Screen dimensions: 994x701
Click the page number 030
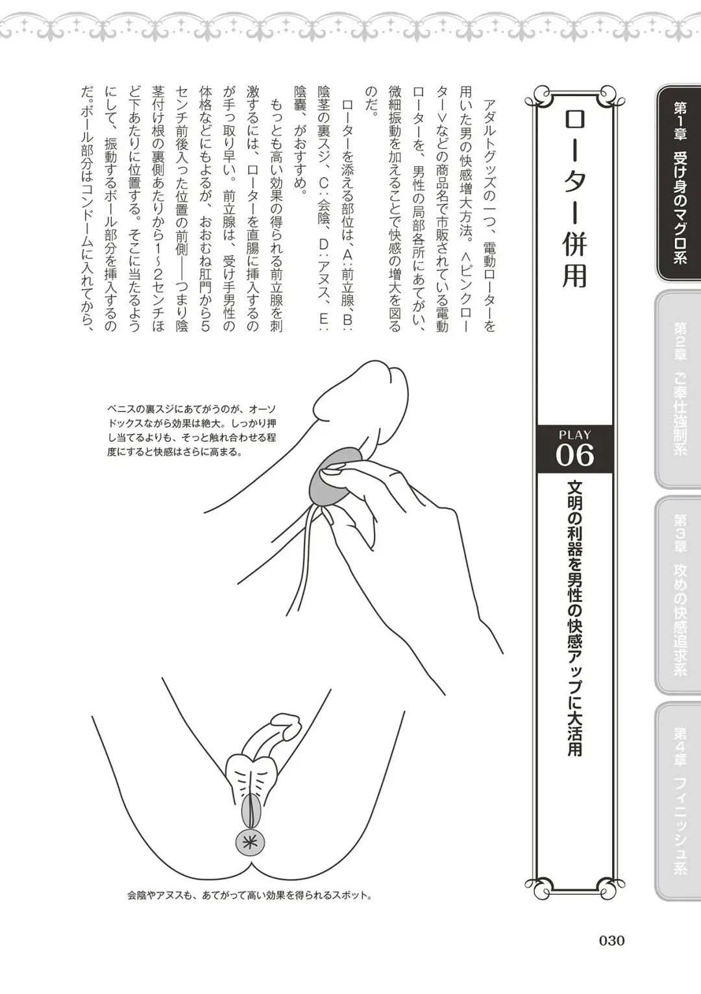click(x=611, y=940)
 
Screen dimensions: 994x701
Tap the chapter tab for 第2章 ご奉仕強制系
click(x=679, y=389)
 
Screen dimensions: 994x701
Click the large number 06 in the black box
click(x=574, y=455)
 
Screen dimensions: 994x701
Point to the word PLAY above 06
click(x=574, y=435)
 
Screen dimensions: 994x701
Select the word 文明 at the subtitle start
click(x=574, y=496)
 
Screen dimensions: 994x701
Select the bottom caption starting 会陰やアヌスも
click(x=250, y=895)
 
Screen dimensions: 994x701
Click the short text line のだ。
click(x=371, y=101)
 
